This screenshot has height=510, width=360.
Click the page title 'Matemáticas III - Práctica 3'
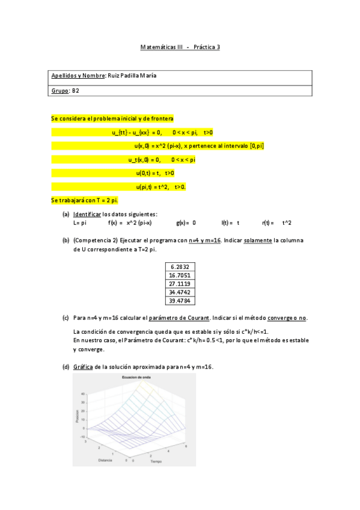pos(180,46)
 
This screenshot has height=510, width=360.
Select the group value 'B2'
pos(76,90)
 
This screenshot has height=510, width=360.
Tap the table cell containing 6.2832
pos(180,266)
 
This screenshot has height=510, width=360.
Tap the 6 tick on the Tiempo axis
pos(187,446)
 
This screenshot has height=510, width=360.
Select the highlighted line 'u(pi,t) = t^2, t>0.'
pos(160,187)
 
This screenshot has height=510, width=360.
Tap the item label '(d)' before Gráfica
pos(66,367)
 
